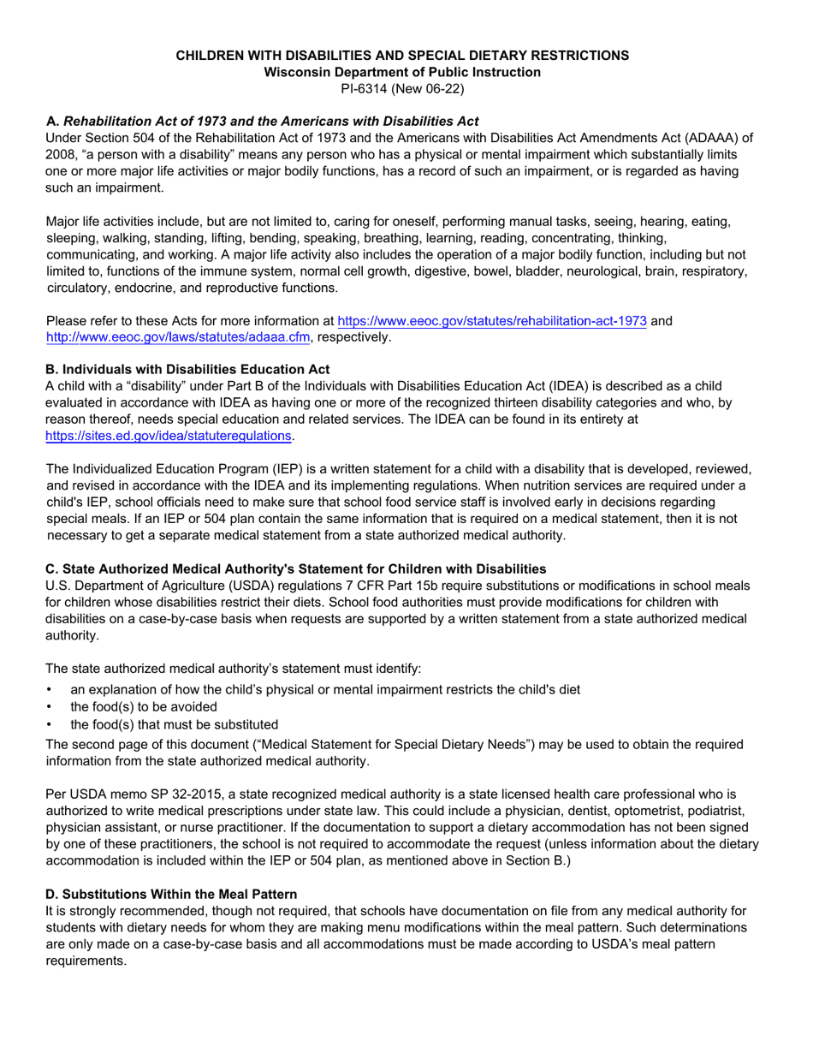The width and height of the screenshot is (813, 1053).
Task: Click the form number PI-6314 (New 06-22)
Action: click(x=402, y=88)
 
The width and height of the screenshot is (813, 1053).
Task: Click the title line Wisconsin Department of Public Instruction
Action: click(x=402, y=72)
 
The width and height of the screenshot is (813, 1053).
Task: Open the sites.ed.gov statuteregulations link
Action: click(x=169, y=436)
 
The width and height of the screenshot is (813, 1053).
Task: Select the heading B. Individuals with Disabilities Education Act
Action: click(x=187, y=370)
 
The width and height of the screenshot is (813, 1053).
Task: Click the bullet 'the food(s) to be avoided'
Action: click(x=144, y=706)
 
